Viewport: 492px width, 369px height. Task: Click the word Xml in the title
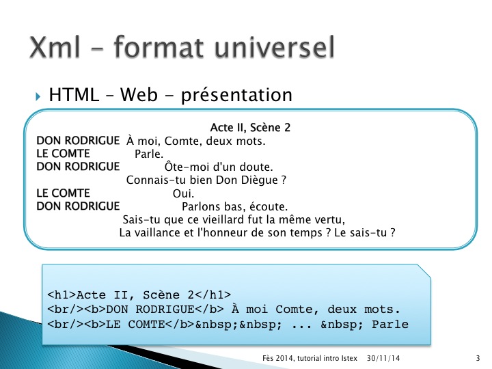pyautogui.click(x=55, y=47)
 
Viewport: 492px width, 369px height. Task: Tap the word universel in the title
pyautogui.click(x=275, y=47)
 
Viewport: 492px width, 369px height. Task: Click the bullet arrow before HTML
pyautogui.click(x=38, y=96)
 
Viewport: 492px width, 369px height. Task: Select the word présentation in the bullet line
pyautogui.click(x=236, y=95)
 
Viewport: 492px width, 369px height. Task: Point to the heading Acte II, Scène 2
pyautogui.click(x=250, y=127)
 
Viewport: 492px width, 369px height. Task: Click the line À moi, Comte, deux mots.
pyautogui.click(x=196, y=141)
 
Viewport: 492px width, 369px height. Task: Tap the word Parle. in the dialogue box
pyautogui.click(x=149, y=154)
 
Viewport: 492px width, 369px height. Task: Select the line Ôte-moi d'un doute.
pyautogui.click(x=219, y=167)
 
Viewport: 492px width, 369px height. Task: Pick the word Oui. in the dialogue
pyautogui.click(x=183, y=193)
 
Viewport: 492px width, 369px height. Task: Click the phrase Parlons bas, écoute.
pyautogui.click(x=234, y=206)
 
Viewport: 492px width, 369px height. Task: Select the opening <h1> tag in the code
pyautogui.click(x=61, y=295)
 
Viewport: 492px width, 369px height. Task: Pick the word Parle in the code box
pyautogui.click(x=390, y=324)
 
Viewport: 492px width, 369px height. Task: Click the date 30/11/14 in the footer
pyautogui.click(x=383, y=358)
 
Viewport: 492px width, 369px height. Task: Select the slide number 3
pyautogui.click(x=478, y=358)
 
